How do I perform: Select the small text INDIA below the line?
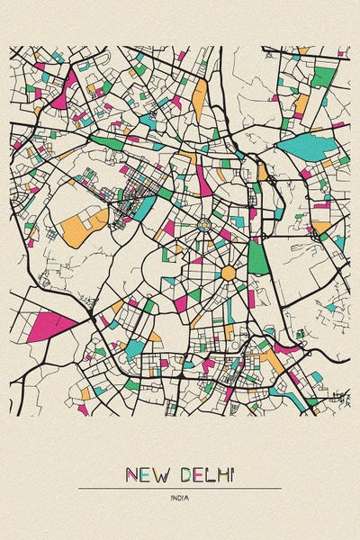point(180,497)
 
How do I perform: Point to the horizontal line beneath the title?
point(180,488)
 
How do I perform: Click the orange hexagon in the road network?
point(229,272)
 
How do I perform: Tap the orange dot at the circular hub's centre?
point(204,224)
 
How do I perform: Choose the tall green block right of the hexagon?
point(257,257)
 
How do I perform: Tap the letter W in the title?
point(158,473)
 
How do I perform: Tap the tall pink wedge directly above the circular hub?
point(204,180)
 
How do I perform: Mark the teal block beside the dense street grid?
point(145,208)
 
